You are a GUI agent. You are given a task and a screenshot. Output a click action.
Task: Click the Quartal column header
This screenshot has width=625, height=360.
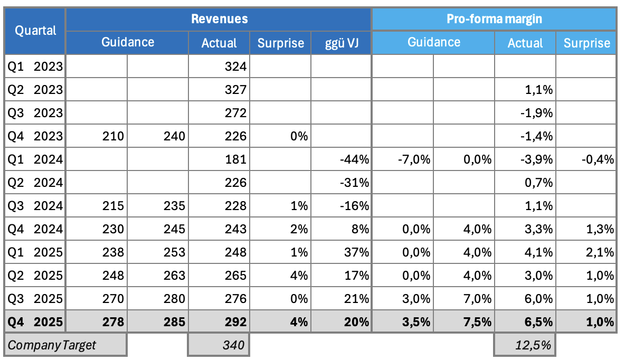(x=35, y=31)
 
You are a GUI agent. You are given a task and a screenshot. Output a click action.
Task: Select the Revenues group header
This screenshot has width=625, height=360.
(x=219, y=19)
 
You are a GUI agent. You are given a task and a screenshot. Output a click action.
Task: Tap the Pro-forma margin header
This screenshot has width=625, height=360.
(x=494, y=19)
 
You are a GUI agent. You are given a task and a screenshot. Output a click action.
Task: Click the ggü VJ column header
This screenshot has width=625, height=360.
(x=342, y=43)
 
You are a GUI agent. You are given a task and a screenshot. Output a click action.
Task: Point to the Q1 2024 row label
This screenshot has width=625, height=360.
(x=35, y=159)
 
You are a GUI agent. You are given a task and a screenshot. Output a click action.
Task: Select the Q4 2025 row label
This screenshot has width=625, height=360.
(x=35, y=321)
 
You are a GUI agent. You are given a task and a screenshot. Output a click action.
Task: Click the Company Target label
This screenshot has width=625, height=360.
(x=52, y=346)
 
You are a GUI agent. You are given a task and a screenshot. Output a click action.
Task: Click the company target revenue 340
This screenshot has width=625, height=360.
(x=233, y=346)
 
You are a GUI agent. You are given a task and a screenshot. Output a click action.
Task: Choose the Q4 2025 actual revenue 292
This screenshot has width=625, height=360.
(x=236, y=321)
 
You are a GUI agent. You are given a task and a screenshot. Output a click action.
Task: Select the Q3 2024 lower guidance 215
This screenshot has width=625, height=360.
(x=113, y=206)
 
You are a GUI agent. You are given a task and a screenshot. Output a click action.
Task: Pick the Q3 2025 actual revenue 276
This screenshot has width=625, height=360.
(x=236, y=298)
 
